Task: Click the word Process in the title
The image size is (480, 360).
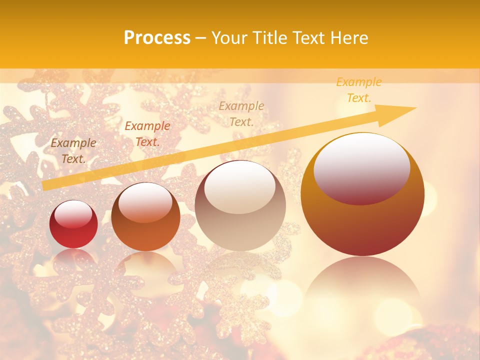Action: [x=157, y=38]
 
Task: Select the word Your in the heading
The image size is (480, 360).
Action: [x=230, y=38]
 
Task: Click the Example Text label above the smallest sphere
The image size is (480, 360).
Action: [x=73, y=151]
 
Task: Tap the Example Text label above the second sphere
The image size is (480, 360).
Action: [x=147, y=134]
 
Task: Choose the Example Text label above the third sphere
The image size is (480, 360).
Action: [x=241, y=113]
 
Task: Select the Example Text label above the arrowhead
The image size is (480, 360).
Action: [x=359, y=90]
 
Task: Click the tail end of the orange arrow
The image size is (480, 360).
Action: [x=46, y=185]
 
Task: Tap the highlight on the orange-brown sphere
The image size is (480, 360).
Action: [x=145, y=202]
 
